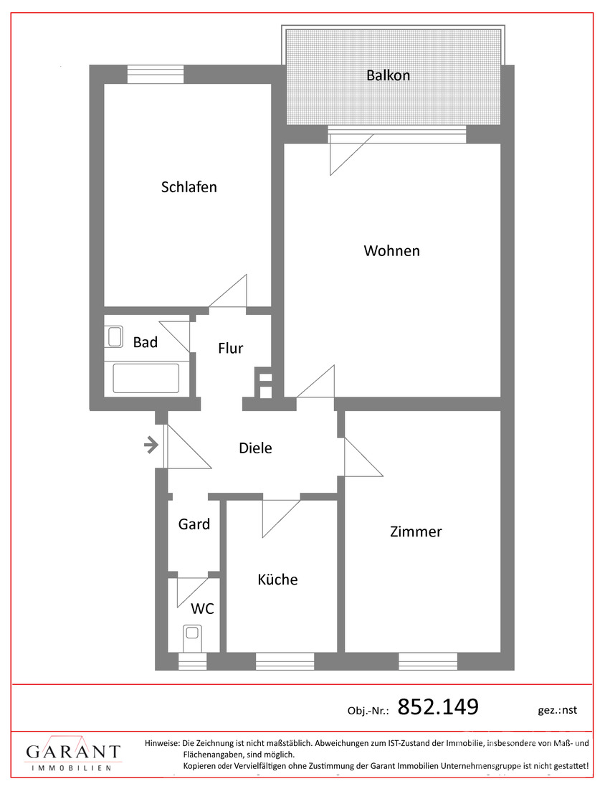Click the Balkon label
click(x=388, y=75)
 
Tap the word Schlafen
click(x=189, y=187)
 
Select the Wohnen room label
click(x=392, y=250)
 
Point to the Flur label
click(x=230, y=348)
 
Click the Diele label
click(x=255, y=448)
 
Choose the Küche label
click(x=277, y=579)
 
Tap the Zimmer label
click(x=416, y=531)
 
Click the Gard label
click(x=194, y=524)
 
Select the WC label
click(x=202, y=609)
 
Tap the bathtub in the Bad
click(x=146, y=379)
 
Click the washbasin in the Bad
click(x=115, y=336)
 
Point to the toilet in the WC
click(x=191, y=638)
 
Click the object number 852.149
click(x=438, y=707)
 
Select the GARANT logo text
click(x=73, y=752)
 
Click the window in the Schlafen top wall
click(x=156, y=75)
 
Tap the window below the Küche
click(x=285, y=661)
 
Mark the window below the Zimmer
click(x=428, y=661)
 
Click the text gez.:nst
click(x=557, y=711)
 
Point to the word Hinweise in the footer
click(x=162, y=743)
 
